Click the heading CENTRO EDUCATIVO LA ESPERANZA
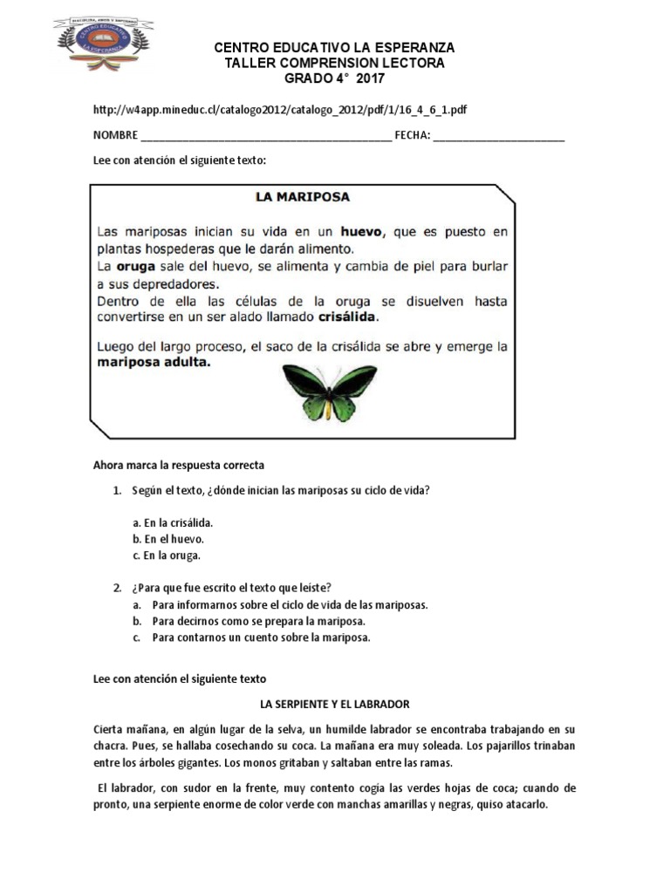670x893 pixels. [334, 47]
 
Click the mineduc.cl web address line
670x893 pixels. [279, 110]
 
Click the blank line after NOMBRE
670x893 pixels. [265, 136]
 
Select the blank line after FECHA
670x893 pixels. [498, 136]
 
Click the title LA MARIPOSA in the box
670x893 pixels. [302, 197]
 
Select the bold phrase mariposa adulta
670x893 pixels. [154, 364]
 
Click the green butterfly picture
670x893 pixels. [329, 392]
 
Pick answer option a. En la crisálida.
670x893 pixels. [173, 522]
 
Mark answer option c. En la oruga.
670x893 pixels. [167, 556]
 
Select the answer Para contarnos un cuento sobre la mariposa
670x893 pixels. [261, 637]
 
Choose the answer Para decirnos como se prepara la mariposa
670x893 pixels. [257, 621]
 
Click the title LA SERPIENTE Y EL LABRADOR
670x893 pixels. [335, 703]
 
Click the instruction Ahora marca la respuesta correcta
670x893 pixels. [178, 466]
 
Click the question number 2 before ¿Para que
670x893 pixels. [117, 587]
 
